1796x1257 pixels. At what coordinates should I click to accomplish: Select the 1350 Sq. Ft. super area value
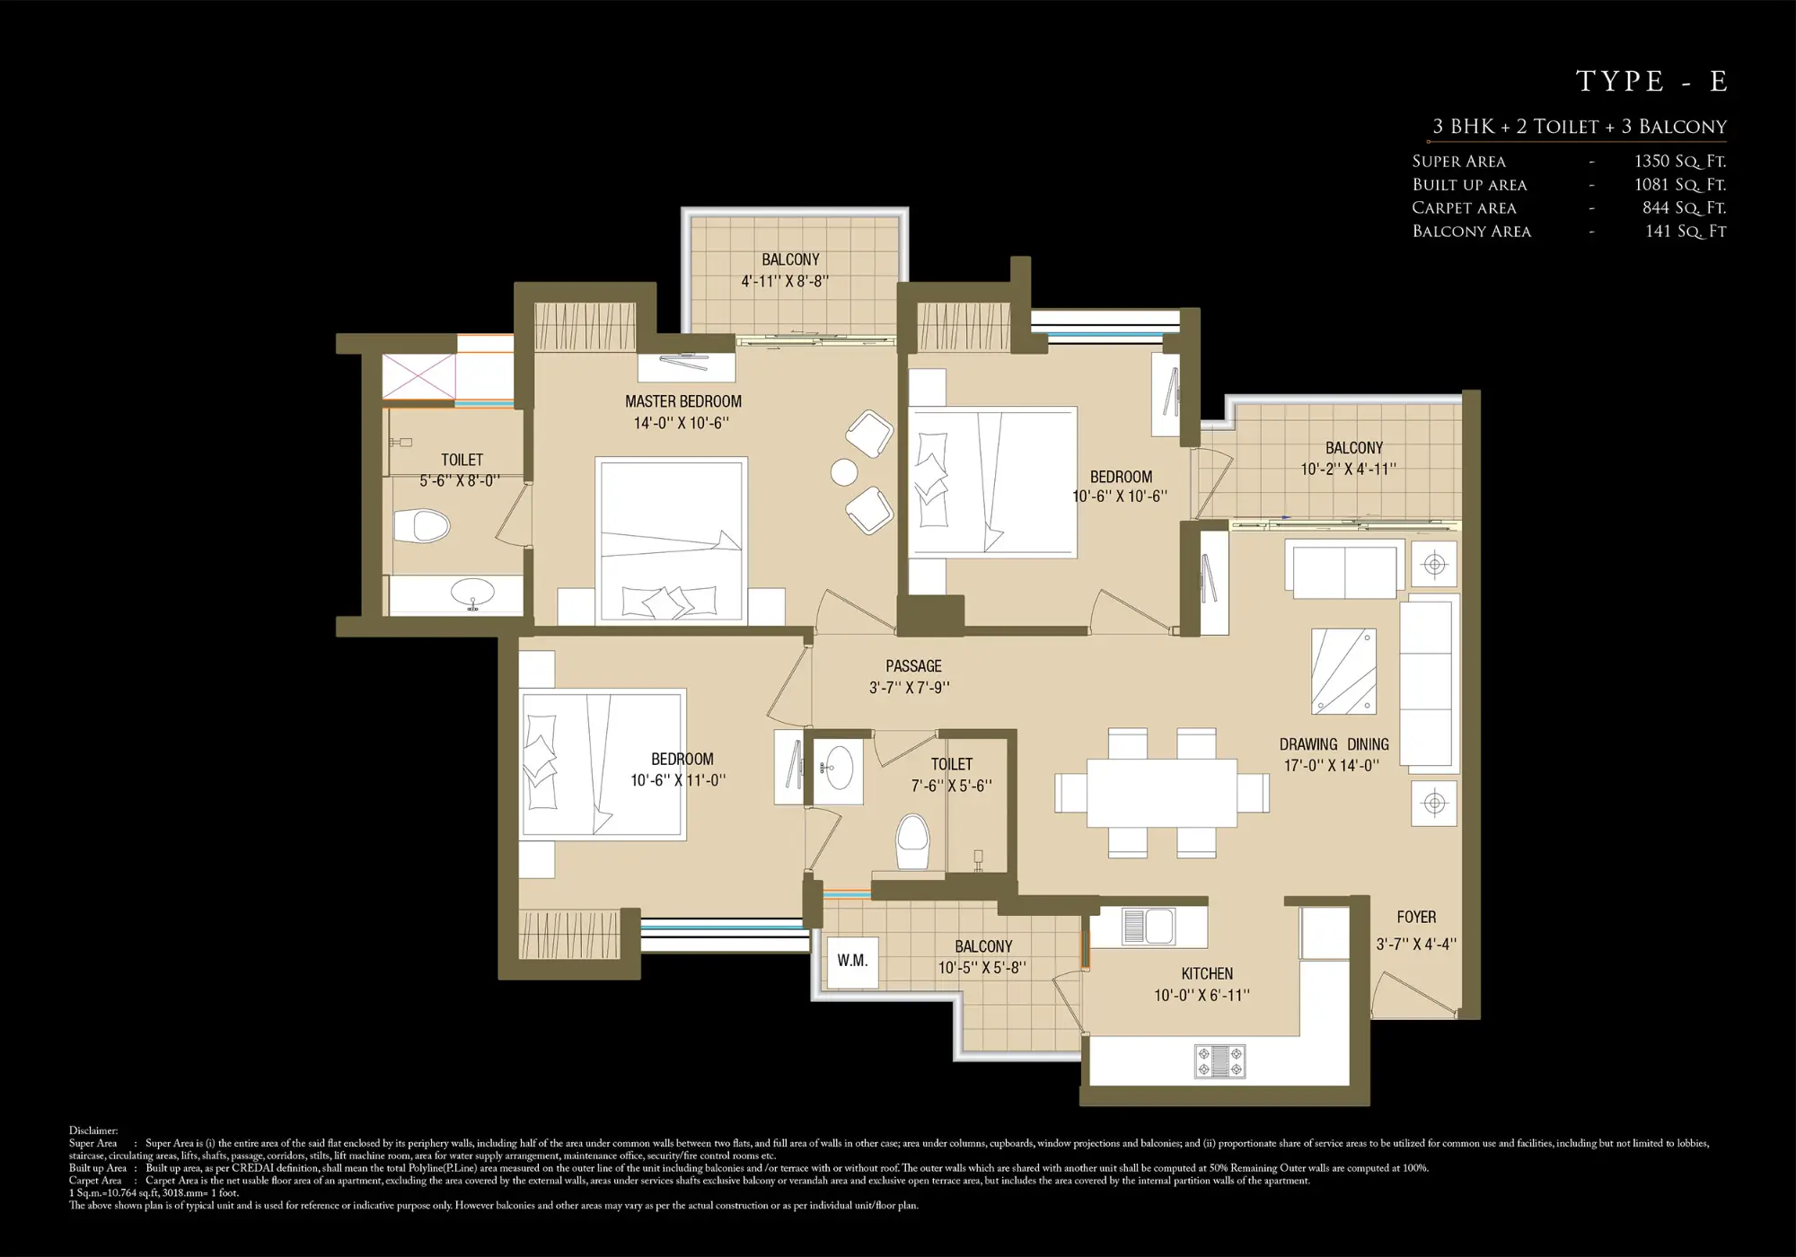coord(1679,162)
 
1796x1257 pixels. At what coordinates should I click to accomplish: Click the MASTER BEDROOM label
coord(683,401)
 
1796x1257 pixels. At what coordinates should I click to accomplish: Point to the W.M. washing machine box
coord(852,961)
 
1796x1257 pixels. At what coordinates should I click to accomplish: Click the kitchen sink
coord(1148,927)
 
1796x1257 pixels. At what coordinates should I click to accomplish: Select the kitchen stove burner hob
coord(1219,1060)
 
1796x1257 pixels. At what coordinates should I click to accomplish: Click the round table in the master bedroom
coord(844,471)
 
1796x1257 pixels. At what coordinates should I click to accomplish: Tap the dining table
coord(1161,793)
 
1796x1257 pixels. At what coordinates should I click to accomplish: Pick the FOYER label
coord(1416,917)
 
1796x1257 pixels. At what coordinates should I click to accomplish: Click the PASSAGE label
coord(913,666)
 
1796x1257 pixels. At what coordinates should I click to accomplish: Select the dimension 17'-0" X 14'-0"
coord(1331,766)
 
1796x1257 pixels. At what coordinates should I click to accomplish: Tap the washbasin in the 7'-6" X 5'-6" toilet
coord(838,768)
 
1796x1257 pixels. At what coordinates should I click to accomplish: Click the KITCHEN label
coord(1206,973)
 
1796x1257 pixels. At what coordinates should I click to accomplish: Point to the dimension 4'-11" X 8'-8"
coord(784,281)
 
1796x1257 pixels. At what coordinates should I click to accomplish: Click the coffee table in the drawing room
coord(1343,671)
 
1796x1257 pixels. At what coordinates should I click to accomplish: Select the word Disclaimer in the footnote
coord(93,1131)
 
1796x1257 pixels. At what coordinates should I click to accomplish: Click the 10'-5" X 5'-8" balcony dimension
coord(982,968)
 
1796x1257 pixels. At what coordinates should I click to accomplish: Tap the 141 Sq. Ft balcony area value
coord(1685,232)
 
